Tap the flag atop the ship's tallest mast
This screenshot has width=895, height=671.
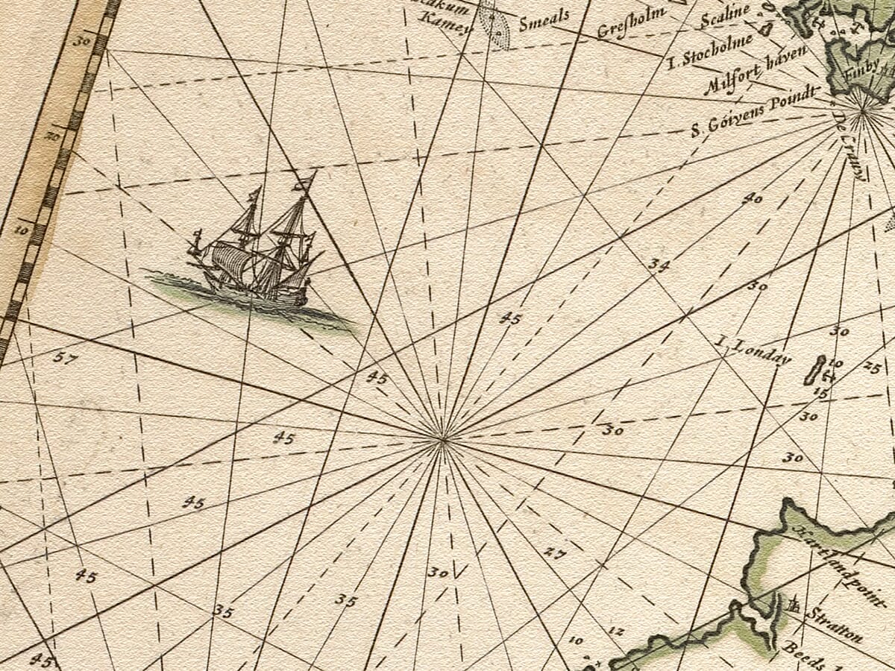click(304, 181)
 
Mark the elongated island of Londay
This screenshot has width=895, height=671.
click(814, 370)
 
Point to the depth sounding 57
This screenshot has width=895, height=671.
click(65, 358)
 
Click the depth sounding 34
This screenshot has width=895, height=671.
click(658, 264)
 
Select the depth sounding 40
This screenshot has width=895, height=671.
click(753, 198)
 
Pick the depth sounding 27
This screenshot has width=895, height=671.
click(554, 552)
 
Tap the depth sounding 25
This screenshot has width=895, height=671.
click(872, 366)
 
